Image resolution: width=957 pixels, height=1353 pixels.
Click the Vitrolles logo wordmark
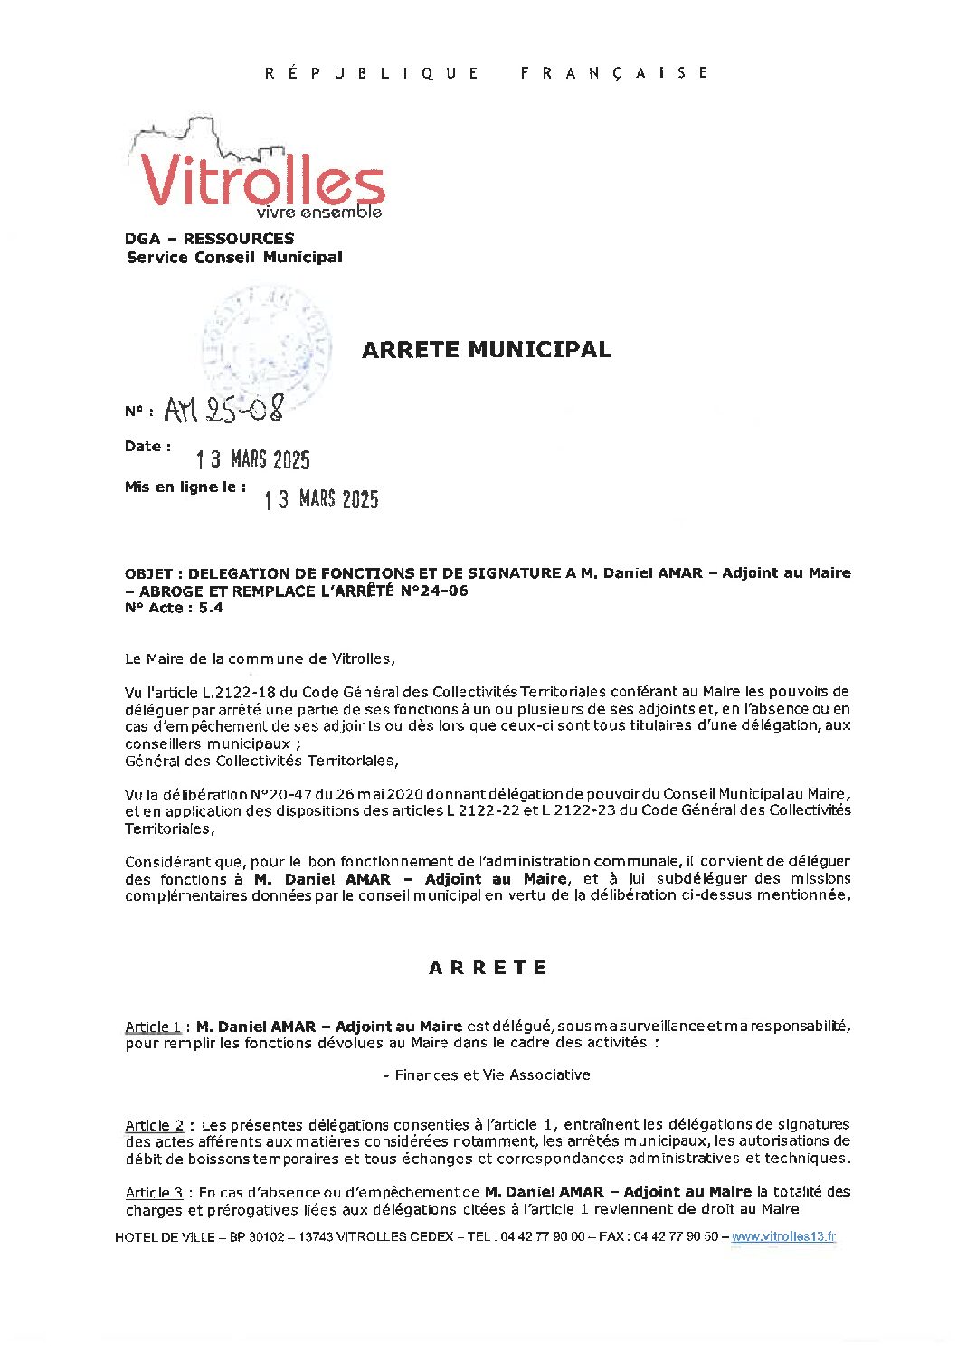(x=262, y=180)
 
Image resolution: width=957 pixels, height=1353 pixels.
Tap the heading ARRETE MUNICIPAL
(x=487, y=350)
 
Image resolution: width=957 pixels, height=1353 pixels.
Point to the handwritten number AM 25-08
(x=223, y=410)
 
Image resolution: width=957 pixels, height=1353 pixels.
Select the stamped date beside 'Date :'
(x=253, y=459)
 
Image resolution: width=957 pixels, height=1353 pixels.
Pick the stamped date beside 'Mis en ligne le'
(x=321, y=499)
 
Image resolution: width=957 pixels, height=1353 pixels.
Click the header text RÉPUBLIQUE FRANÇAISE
(x=487, y=73)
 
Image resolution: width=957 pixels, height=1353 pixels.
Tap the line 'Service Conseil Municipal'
(x=234, y=258)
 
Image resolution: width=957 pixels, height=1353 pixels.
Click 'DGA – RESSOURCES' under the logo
(x=210, y=239)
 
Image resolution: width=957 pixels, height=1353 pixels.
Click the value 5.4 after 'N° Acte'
(x=211, y=609)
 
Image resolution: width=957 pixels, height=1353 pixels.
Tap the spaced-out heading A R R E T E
(x=488, y=968)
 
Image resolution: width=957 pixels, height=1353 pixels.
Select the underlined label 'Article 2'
(x=154, y=1126)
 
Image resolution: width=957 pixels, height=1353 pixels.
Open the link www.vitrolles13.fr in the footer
(x=783, y=1237)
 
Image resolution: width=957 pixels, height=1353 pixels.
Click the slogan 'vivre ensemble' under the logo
(x=318, y=213)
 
